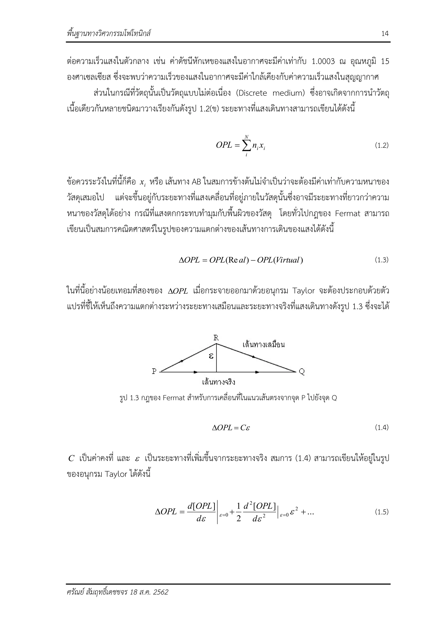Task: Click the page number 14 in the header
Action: point(385,34)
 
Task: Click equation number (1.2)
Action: point(382,145)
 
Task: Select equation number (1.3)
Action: point(382,260)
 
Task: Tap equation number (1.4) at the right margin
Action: point(382,427)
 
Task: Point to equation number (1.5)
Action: point(382,512)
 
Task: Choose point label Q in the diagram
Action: point(302,372)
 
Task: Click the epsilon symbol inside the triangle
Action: point(211,356)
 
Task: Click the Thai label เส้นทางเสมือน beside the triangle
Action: point(264,345)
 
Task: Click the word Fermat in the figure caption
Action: point(174,398)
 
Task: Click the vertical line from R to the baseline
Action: point(217,360)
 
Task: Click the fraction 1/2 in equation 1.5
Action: point(239,512)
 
